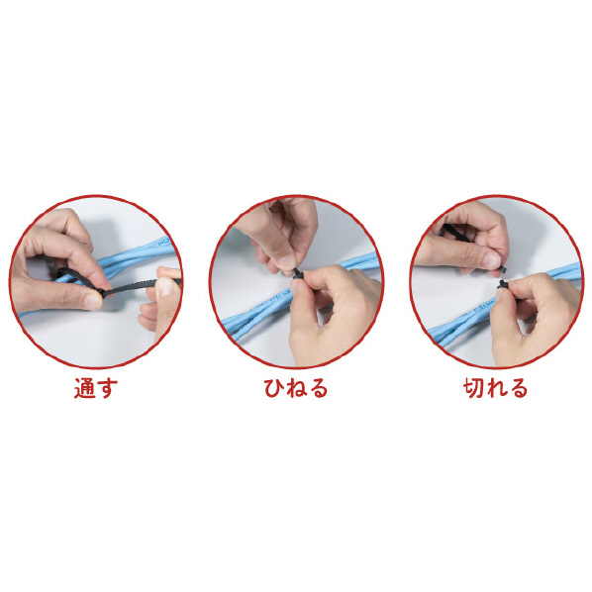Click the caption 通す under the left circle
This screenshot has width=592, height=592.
96,388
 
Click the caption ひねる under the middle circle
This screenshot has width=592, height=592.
296,388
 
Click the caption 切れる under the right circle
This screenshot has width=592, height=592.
495,388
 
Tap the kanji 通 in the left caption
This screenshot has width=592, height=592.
85,388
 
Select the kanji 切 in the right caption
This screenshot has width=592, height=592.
474,388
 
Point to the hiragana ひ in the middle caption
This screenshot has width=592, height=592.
274,388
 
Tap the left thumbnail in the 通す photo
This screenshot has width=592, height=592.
92,302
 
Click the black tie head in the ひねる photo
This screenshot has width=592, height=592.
297,274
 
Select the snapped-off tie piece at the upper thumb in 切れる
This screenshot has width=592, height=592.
503,269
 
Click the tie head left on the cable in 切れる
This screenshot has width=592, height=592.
503,285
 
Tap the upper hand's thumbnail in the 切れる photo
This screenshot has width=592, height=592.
492,259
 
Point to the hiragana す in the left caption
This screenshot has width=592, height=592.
107,388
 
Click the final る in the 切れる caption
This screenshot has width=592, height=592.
517,388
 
